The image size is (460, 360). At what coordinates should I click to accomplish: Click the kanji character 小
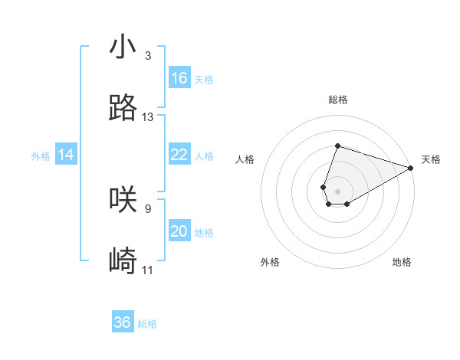tap(123, 47)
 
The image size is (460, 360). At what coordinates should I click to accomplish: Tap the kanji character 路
tap(123, 109)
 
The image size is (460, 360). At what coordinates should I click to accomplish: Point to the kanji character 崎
tap(123, 262)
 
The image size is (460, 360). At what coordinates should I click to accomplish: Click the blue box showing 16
tap(179, 78)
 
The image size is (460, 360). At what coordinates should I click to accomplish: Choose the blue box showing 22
tap(179, 155)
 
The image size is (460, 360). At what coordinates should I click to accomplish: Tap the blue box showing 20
tap(179, 231)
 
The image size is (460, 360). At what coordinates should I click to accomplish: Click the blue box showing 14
tap(66, 155)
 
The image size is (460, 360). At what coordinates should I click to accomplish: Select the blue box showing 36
tap(123, 322)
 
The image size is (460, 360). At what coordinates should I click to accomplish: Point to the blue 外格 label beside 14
tap(41, 156)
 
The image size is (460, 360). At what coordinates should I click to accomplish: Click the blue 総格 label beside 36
tap(147, 324)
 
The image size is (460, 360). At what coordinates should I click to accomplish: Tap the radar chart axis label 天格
tap(431, 159)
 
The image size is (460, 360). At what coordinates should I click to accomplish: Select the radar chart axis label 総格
tap(337, 100)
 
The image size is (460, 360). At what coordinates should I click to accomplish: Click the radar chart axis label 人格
tap(245, 159)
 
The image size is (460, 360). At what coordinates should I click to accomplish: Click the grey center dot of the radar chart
tap(337, 190)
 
